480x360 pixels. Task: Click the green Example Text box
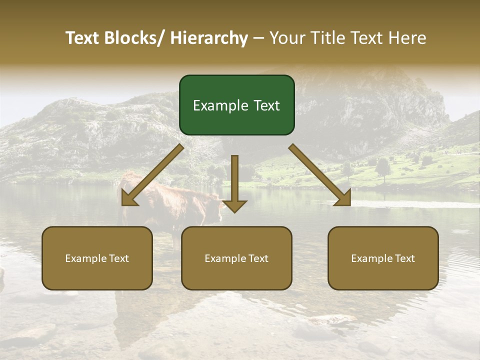click(x=236, y=105)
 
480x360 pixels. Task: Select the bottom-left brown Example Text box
click(x=97, y=258)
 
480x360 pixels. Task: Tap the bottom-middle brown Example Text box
click(x=236, y=258)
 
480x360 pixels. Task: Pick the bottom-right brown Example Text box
click(x=383, y=258)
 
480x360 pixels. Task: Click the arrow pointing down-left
click(x=152, y=175)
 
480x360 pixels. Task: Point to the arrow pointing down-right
click(x=320, y=175)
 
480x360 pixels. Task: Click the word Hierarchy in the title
click(x=209, y=38)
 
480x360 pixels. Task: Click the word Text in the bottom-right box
click(x=404, y=258)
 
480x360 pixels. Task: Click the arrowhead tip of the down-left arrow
click(x=124, y=203)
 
